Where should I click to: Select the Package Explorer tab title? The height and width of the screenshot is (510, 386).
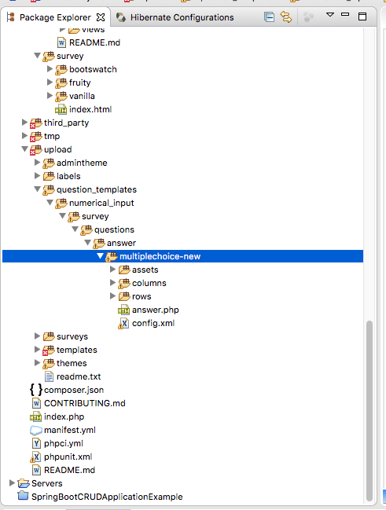tap(55, 17)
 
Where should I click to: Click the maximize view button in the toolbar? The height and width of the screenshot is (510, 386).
tap(362, 17)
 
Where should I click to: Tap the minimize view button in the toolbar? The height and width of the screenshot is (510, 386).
tap(345, 14)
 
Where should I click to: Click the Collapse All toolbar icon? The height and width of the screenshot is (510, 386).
tap(269, 17)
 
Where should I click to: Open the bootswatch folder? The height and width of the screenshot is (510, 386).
tap(93, 69)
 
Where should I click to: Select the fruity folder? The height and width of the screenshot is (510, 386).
tap(79, 83)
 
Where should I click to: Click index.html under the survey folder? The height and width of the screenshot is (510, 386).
tap(90, 109)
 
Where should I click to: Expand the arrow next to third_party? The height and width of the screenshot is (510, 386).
tap(24, 123)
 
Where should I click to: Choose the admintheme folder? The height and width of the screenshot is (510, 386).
tap(82, 163)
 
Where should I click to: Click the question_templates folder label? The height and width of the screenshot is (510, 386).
tap(97, 189)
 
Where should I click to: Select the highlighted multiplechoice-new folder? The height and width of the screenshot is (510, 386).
tap(160, 256)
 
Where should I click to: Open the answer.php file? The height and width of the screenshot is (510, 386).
tap(155, 310)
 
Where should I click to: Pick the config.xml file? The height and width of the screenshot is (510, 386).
tap(153, 323)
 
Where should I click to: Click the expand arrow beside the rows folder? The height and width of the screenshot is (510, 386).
tap(112, 296)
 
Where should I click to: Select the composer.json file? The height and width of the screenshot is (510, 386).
tap(74, 390)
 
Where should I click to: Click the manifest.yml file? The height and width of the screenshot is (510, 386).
tap(70, 430)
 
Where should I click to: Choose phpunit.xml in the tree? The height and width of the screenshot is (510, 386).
tap(68, 457)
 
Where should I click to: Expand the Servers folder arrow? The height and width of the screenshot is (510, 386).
tap(12, 483)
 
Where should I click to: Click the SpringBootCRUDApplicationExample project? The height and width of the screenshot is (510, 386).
tap(107, 497)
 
